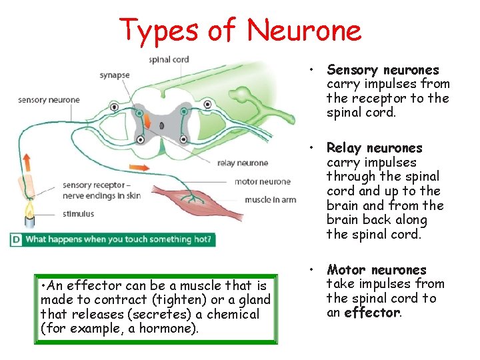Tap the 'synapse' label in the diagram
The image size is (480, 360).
pyautogui.click(x=115, y=75)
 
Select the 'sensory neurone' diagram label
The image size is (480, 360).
pyautogui.click(x=49, y=100)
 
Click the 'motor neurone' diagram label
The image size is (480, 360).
pyautogui.click(x=262, y=181)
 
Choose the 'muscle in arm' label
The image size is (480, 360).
pyautogui.click(x=271, y=199)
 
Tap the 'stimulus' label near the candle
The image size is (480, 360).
pyautogui.click(x=79, y=214)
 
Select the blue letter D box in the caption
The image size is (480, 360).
pyautogui.click(x=15, y=239)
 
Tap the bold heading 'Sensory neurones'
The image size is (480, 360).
pyautogui.click(x=383, y=70)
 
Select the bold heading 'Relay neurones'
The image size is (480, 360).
pyautogui.click(x=374, y=148)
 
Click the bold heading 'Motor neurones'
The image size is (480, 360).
pyautogui.click(x=376, y=270)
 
